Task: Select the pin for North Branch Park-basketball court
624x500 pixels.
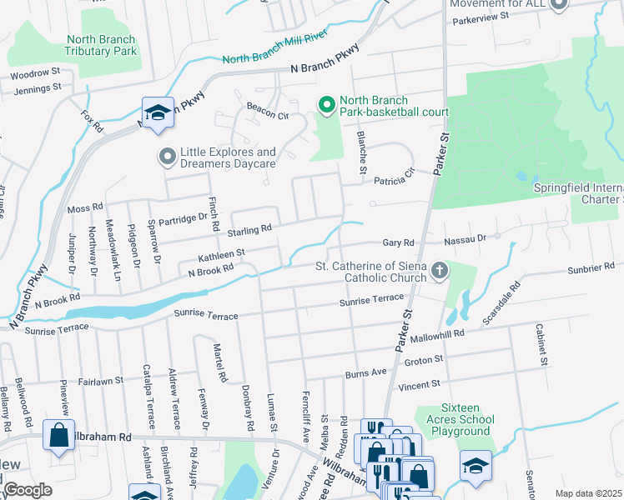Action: coord(326,105)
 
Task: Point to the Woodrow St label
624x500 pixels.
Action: coord(35,72)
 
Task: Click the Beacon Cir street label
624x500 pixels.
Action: coord(267,107)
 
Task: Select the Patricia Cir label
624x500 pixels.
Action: coord(394,181)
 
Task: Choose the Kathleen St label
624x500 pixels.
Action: coord(220,251)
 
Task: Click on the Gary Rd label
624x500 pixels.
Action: coord(398,242)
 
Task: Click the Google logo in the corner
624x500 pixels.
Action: coord(28,490)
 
